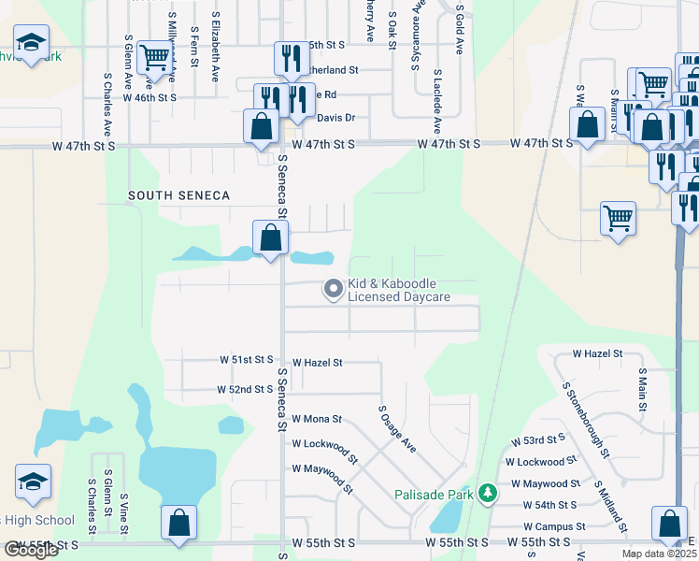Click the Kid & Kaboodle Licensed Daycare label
399,290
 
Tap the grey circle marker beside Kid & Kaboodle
332,290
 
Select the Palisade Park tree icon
486,493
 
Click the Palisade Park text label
435,494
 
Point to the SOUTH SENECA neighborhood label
169,194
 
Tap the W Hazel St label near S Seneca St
318,362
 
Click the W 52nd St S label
244,389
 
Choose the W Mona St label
317,419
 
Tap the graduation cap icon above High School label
33,482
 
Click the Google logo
31,550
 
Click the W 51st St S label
246,359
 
